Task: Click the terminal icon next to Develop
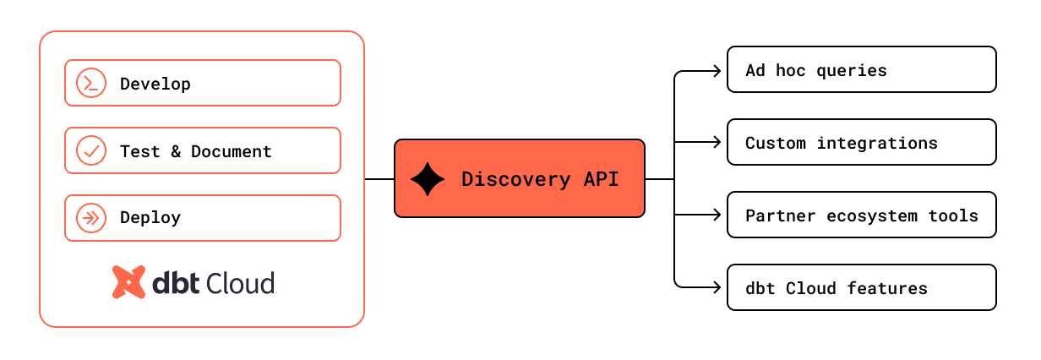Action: click(x=90, y=83)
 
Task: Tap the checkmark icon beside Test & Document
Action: click(x=90, y=150)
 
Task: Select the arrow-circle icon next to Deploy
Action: click(x=90, y=218)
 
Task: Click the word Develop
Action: click(x=155, y=84)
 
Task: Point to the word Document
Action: click(x=232, y=151)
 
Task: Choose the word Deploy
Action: click(x=150, y=218)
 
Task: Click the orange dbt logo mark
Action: click(x=128, y=282)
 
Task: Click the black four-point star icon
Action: click(x=428, y=179)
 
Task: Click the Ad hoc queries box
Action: click(x=861, y=69)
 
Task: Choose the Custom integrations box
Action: click(x=861, y=142)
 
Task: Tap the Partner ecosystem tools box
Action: click(x=861, y=215)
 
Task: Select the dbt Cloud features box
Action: click(x=861, y=287)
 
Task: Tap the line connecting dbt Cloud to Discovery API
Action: click(x=379, y=179)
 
